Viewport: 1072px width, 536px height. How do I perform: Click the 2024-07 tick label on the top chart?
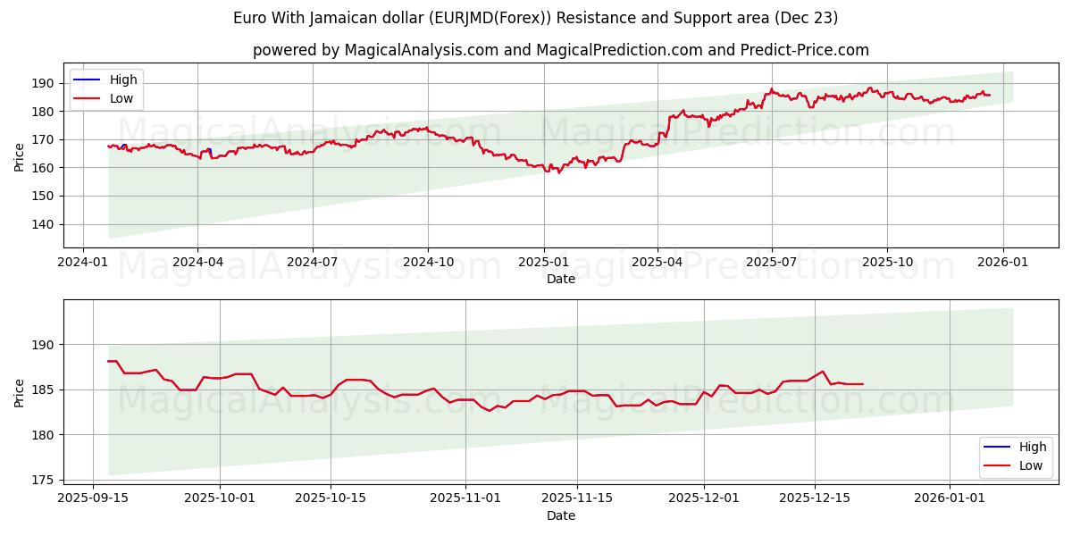click(x=312, y=262)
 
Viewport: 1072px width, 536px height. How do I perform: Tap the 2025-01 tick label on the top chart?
click(x=543, y=262)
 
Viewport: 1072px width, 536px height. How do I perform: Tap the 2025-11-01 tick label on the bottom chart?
click(x=465, y=498)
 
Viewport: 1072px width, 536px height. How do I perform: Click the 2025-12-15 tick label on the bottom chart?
click(x=814, y=498)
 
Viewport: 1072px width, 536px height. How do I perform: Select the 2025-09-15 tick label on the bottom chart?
click(x=93, y=498)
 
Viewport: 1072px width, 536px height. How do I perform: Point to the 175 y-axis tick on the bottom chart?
click(x=43, y=480)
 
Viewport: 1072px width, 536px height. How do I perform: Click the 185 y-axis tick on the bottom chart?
click(x=43, y=389)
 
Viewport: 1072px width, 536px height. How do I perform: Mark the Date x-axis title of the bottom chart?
click(x=561, y=515)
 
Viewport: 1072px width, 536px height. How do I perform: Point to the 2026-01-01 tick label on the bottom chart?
click(x=950, y=498)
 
